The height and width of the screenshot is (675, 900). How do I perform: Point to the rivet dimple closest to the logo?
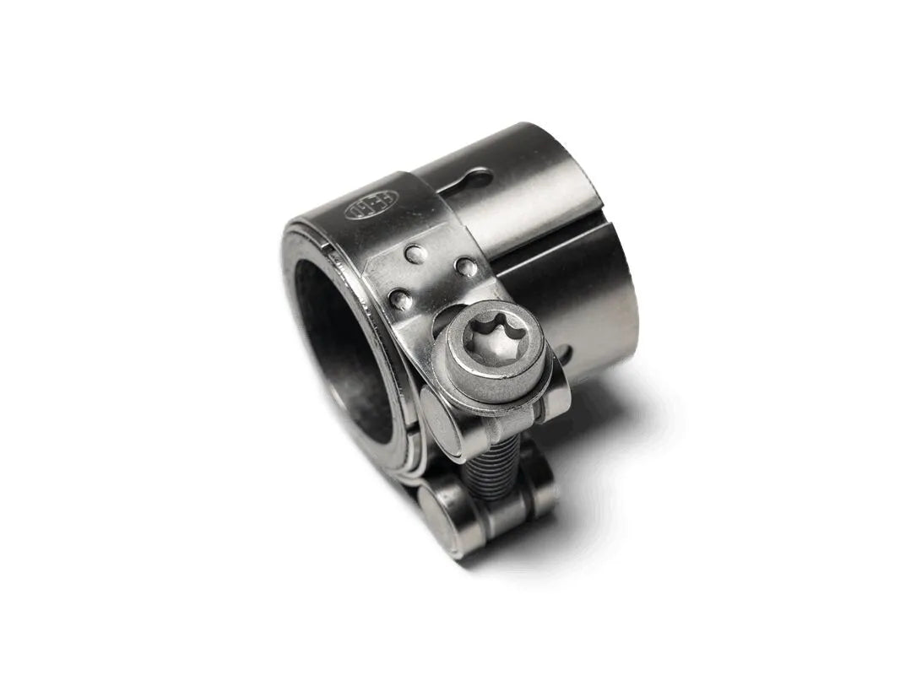412,252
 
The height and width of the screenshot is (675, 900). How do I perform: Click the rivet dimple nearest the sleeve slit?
464,267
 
